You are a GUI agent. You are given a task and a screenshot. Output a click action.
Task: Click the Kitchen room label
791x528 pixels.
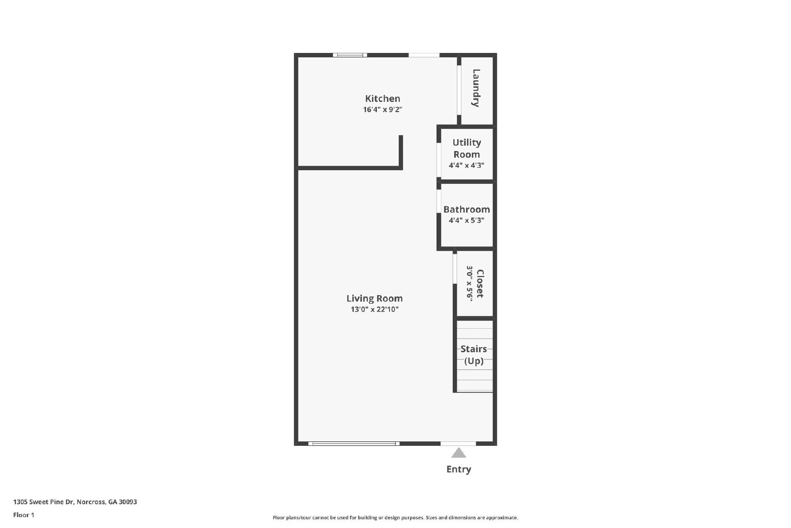pos(383,98)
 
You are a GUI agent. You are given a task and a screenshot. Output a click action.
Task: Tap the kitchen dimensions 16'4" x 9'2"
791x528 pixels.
pos(383,109)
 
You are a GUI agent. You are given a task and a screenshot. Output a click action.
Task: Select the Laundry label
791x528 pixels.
pos(476,88)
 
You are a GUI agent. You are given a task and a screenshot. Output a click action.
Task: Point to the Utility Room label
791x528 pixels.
pos(467,148)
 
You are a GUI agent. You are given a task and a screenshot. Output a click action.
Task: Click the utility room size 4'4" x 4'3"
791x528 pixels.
pos(467,165)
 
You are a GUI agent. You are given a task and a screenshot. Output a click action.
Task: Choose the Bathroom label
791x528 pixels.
pos(467,209)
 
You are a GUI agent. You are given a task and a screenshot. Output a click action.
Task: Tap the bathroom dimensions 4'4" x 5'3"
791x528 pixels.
pos(467,221)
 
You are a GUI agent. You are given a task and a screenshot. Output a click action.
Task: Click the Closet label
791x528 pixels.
pos(480,284)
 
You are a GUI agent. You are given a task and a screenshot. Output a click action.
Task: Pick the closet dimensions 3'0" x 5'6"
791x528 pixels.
pos(469,284)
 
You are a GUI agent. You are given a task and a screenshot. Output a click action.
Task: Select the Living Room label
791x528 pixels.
pos(374,298)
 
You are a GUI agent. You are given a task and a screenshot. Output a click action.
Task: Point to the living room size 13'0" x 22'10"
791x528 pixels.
pos(374,309)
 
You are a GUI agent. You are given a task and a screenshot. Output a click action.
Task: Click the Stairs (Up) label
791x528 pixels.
pos(474,355)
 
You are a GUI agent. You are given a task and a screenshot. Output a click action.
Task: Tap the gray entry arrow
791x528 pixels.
pos(458,453)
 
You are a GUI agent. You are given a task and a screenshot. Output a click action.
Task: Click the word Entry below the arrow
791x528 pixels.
pos(459,469)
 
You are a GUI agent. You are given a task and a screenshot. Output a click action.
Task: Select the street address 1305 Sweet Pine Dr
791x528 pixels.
pos(44,502)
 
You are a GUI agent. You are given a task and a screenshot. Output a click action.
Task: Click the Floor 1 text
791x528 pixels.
pos(24,515)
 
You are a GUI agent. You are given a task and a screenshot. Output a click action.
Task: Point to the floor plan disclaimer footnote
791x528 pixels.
pos(395,518)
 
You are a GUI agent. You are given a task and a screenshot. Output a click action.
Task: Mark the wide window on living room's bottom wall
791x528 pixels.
pos(354,443)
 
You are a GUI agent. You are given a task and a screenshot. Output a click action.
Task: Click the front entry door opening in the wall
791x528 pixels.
pos(458,443)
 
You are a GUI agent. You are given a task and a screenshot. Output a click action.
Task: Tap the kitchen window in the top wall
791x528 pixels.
pos(350,55)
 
